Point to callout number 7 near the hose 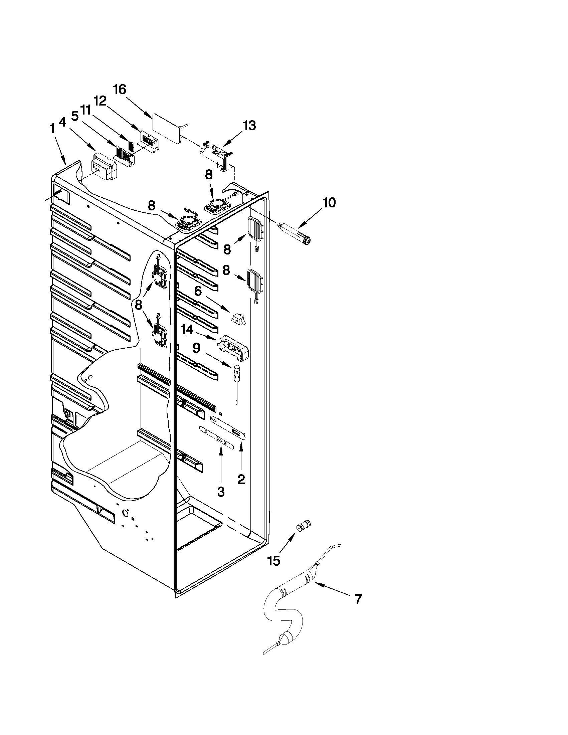pos(358,599)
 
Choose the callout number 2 pos(241,479)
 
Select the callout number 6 pos(198,291)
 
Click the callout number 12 pos(100,100)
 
